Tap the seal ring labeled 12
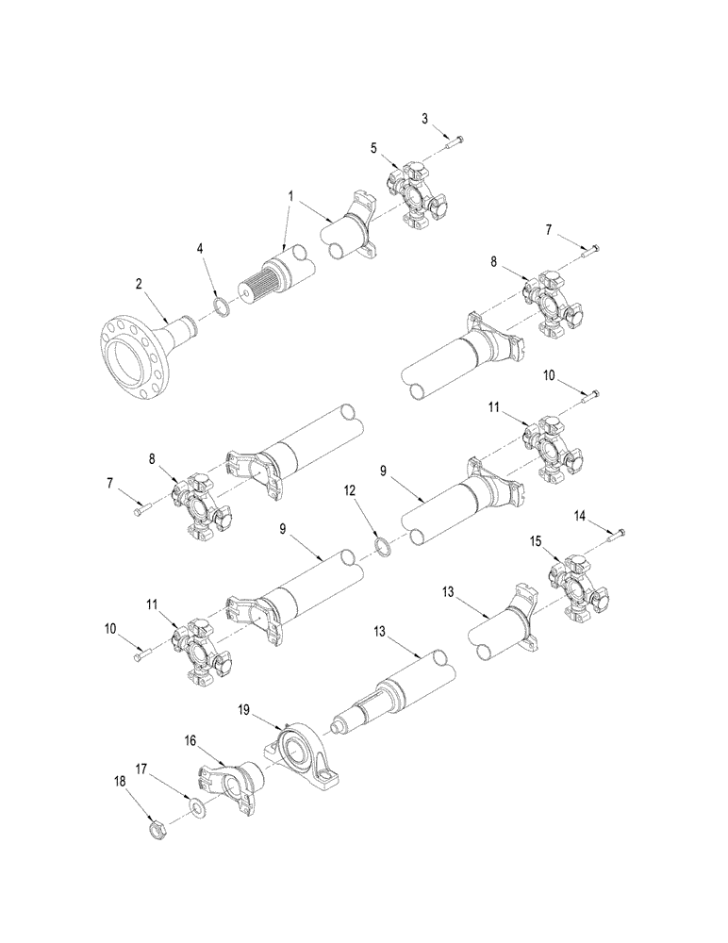click(x=387, y=546)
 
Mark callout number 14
click(x=579, y=515)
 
